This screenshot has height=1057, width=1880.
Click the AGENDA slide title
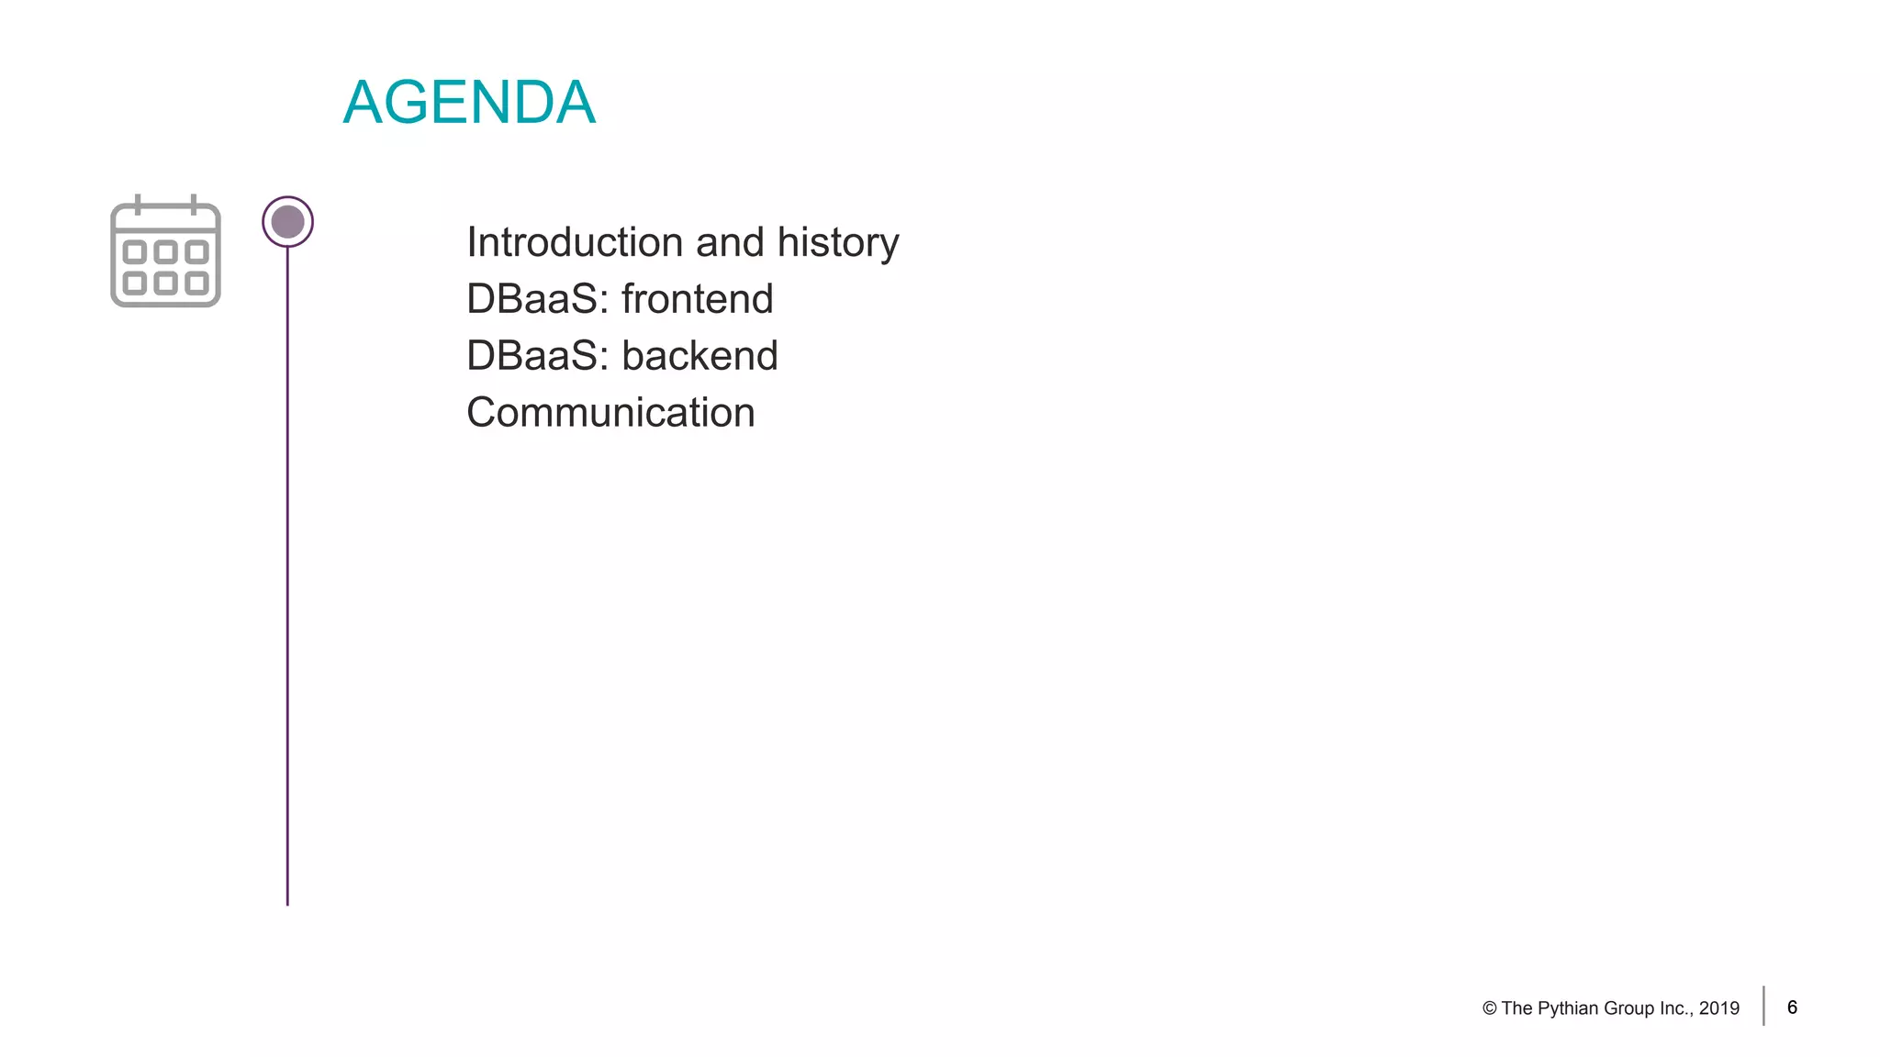[469, 102]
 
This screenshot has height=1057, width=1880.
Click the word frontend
[697, 299]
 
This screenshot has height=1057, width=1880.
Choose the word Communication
[610, 413]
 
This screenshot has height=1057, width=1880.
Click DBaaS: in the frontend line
[537, 299]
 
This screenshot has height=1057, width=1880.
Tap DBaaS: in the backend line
[537, 356]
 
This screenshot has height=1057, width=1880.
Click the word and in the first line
[730, 242]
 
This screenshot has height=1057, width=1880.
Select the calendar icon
[165, 252]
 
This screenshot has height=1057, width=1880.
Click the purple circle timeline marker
[287, 222]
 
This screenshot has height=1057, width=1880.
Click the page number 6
[1792, 1007]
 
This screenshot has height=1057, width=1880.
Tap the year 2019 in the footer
[1719, 1008]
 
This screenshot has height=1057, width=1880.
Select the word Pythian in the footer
[1567, 1008]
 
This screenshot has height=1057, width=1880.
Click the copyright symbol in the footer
[1489, 1008]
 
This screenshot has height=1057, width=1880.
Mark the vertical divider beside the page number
[1763, 1006]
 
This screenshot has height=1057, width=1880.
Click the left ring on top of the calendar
[138, 204]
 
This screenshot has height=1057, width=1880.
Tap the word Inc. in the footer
[1675, 1008]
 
